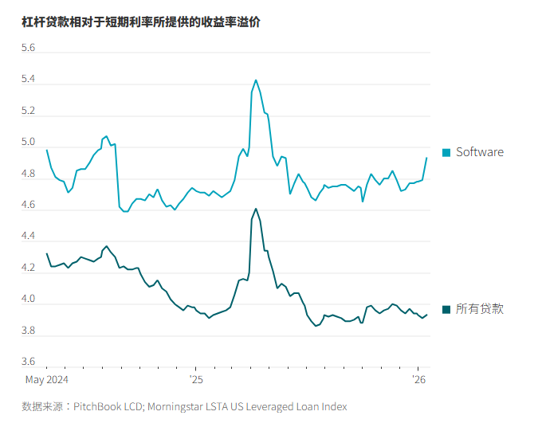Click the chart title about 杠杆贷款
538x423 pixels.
tap(141, 22)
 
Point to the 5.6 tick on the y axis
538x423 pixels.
tap(28, 49)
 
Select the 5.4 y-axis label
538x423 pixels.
tap(28, 80)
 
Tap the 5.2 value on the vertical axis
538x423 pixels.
tap(28, 112)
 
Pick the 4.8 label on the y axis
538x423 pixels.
tap(28, 174)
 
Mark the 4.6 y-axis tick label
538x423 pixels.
tap(28, 206)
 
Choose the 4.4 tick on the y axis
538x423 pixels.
tap(28, 237)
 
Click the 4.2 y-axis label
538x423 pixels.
tap(28, 268)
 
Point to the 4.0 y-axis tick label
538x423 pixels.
tap(28, 300)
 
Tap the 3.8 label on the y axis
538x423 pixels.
tap(28, 331)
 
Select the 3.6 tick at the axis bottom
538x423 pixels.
tap(28, 362)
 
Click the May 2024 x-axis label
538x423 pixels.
tap(46, 379)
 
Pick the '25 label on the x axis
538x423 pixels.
tap(196, 379)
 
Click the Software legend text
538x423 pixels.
tap(479, 152)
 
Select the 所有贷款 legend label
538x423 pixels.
tap(479, 309)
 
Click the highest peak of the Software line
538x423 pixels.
tap(256, 80)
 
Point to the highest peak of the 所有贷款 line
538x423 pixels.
tap(256, 209)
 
